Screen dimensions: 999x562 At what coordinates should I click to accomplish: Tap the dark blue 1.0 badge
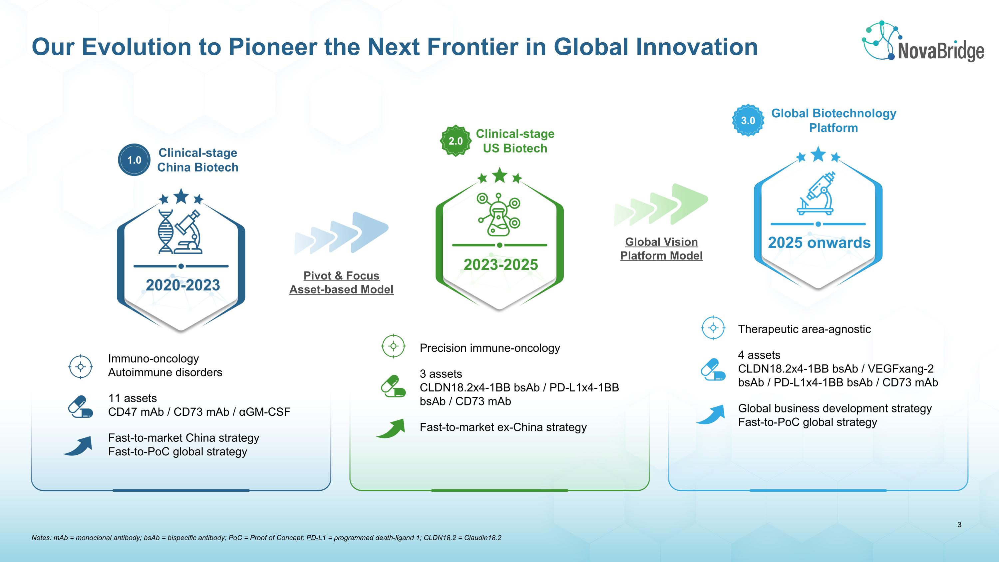(134, 160)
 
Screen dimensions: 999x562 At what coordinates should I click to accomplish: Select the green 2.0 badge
(456, 141)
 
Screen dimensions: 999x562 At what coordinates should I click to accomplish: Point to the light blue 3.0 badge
(748, 120)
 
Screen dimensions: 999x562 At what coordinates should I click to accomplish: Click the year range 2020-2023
(183, 285)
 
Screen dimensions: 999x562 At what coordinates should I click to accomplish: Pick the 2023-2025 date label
(500, 265)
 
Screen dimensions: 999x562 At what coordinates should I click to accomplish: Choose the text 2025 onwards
(819, 243)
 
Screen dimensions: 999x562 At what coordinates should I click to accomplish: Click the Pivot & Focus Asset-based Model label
(341, 282)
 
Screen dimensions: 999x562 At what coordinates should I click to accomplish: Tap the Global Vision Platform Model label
(661, 249)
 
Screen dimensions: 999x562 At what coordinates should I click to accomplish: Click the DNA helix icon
(166, 232)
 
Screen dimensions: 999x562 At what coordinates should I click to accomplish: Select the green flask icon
(499, 215)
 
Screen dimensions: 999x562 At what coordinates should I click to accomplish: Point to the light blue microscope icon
(816, 193)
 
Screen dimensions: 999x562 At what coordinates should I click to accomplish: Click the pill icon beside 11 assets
(81, 406)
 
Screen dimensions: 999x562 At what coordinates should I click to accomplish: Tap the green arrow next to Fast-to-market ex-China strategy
(391, 428)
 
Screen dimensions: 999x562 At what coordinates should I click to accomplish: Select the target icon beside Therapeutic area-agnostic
(713, 328)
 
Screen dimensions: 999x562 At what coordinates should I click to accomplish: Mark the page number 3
(959, 525)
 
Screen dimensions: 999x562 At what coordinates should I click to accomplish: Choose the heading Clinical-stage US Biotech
(515, 141)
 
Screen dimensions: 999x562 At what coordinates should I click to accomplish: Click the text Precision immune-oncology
(490, 348)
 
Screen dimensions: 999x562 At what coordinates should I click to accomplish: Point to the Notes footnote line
(266, 538)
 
